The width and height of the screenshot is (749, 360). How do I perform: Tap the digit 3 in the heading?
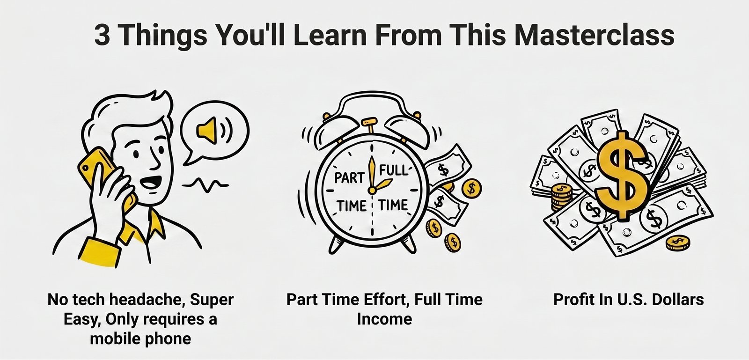click(x=103, y=35)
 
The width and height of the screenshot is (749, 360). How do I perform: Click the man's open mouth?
click(x=151, y=183)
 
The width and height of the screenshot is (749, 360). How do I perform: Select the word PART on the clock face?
click(x=349, y=177)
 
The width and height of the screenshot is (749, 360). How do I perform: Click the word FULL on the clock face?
click(x=393, y=170)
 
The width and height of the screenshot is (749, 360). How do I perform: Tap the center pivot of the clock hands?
click(x=372, y=191)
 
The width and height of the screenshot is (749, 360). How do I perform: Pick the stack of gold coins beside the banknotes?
click(x=562, y=197)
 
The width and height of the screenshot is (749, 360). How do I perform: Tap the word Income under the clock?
click(x=384, y=319)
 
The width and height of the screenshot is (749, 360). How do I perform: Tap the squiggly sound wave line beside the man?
click(x=205, y=184)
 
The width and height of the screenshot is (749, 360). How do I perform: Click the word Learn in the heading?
click(x=330, y=35)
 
